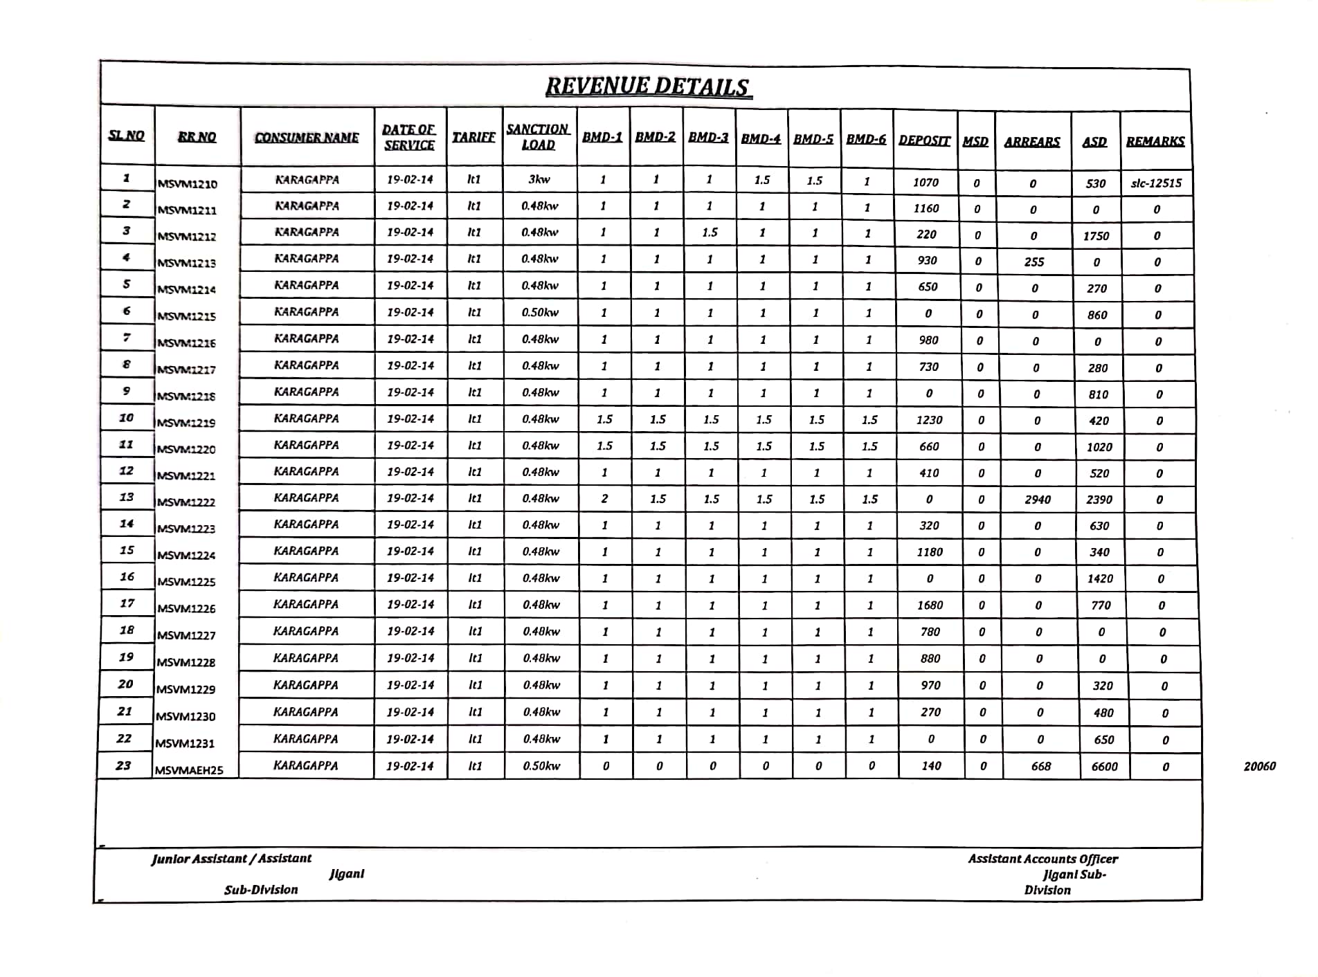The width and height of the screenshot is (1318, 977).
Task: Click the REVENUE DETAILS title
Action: tap(648, 86)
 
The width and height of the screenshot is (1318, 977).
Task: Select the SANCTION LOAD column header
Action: tap(538, 137)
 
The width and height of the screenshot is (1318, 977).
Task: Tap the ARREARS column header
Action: tap(1031, 141)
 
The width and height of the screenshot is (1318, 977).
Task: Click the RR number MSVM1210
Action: tap(187, 184)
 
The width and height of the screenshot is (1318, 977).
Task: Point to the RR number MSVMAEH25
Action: tap(189, 770)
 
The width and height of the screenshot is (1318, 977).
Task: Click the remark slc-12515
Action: tap(1156, 183)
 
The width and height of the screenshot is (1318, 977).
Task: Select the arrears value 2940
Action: tap(1037, 500)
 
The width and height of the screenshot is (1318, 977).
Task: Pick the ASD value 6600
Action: tap(1104, 767)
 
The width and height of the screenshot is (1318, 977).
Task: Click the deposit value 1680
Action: tap(930, 605)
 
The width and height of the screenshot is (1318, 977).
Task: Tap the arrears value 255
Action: tap(1033, 262)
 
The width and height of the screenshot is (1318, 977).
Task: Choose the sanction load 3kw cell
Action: tap(539, 180)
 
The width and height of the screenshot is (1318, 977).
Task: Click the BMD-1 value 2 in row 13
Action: tap(604, 499)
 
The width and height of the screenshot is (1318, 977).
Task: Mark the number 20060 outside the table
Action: tap(1259, 766)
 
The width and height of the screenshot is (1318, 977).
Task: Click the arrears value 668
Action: tap(1040, 767)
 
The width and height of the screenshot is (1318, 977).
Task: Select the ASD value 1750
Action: tap(1096, 236)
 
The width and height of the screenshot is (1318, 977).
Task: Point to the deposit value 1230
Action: tap(929, 420)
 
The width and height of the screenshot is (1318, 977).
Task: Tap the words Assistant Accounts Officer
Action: tap(1042, 859)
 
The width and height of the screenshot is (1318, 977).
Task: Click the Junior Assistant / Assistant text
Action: tap(231, 859)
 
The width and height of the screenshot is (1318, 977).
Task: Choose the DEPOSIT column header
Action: tap(924, 140)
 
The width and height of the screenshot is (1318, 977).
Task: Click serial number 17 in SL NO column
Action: tap(127, 603)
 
